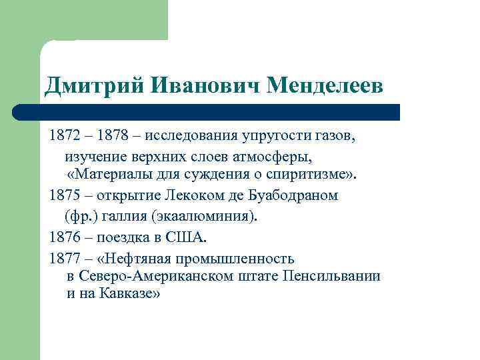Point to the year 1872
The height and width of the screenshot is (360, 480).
[64, 137]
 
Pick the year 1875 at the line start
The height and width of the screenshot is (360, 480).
[64, 196]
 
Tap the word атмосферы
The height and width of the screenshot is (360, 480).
[274, 157]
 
